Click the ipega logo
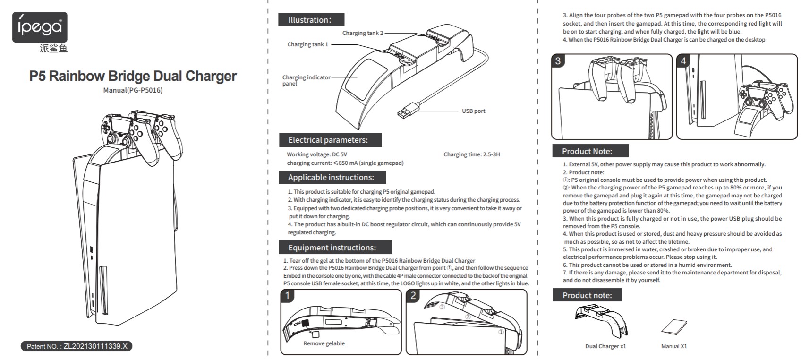tap(40, 27)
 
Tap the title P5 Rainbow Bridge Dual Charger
tap(133, 76)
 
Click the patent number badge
tap(77, 346)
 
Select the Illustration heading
tap(311, 20)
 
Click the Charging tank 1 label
tap(307, 44)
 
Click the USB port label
tap(473, 111)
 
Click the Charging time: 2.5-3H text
tap(471, 154)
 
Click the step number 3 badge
tap(558, 61)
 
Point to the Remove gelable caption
tap(324, 343)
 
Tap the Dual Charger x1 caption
tap(605, 346)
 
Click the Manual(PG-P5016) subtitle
tap(133, 90)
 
